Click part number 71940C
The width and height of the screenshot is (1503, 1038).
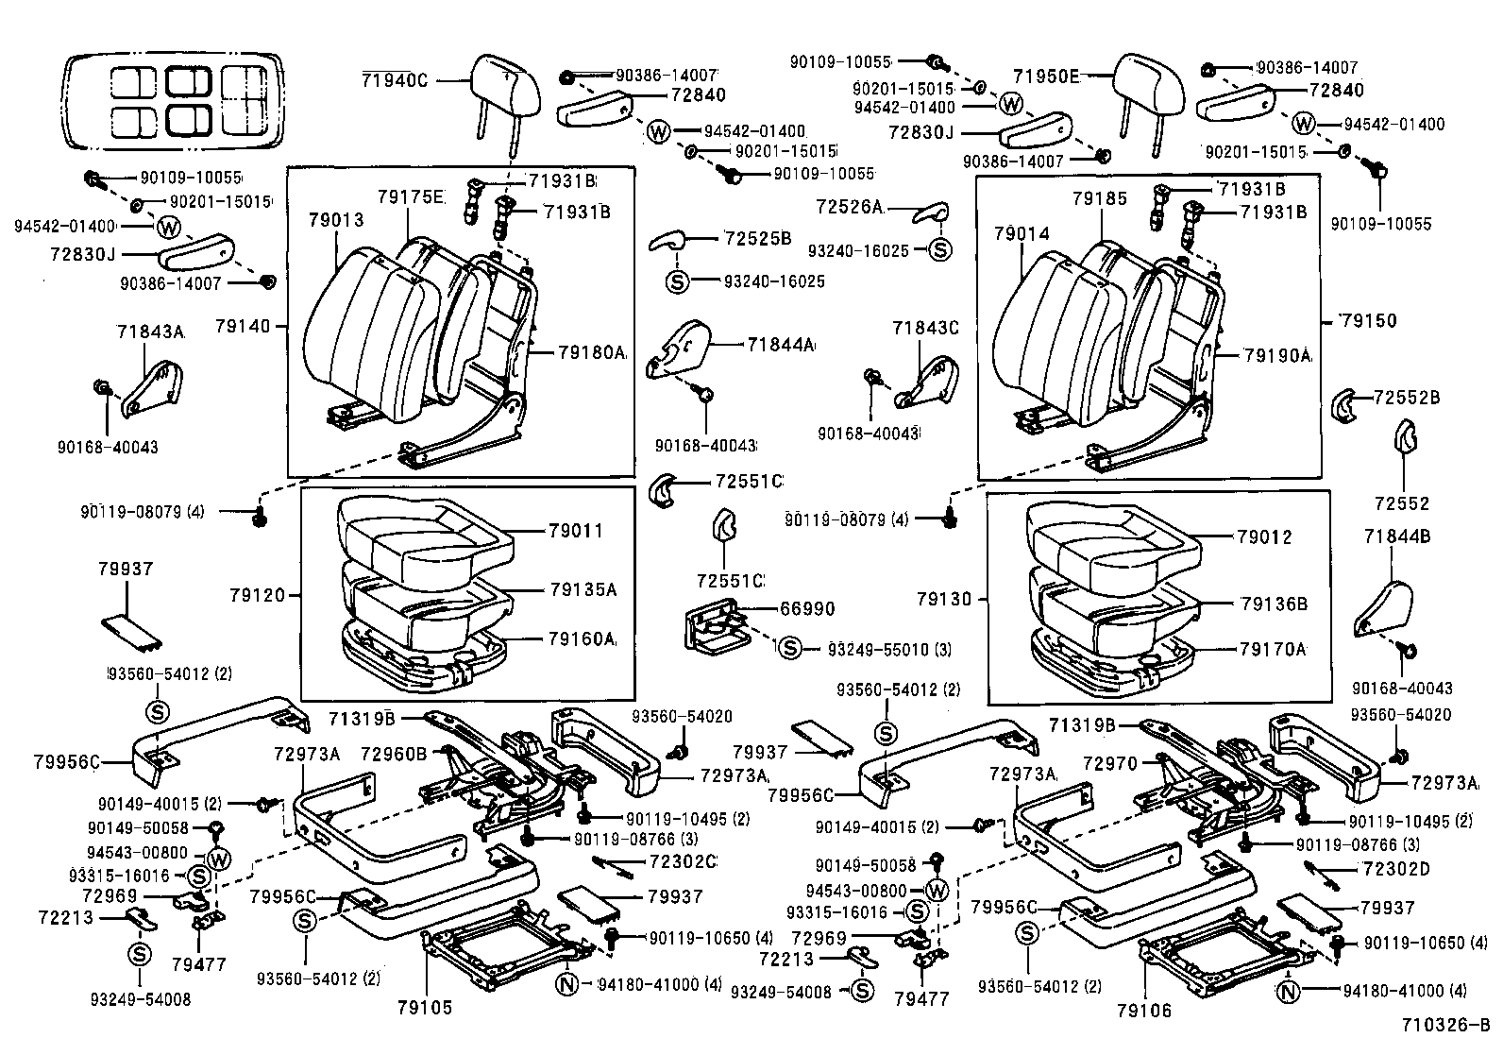394,80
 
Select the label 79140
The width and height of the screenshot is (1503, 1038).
243,327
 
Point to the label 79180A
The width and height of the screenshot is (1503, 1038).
591,352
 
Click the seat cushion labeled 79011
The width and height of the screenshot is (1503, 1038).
415,538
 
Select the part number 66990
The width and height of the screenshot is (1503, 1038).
806,609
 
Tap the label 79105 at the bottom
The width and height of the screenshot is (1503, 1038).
425,1008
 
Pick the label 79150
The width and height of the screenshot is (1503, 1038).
1369,320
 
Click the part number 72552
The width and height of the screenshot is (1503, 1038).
1402,503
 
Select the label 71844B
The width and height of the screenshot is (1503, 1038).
1397,536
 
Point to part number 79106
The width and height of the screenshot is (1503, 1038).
1142,1011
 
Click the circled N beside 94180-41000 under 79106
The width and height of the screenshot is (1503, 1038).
1287,992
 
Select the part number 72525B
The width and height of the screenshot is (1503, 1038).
757,238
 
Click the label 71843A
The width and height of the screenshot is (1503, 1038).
150,332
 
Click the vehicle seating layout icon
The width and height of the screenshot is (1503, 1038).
172,101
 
